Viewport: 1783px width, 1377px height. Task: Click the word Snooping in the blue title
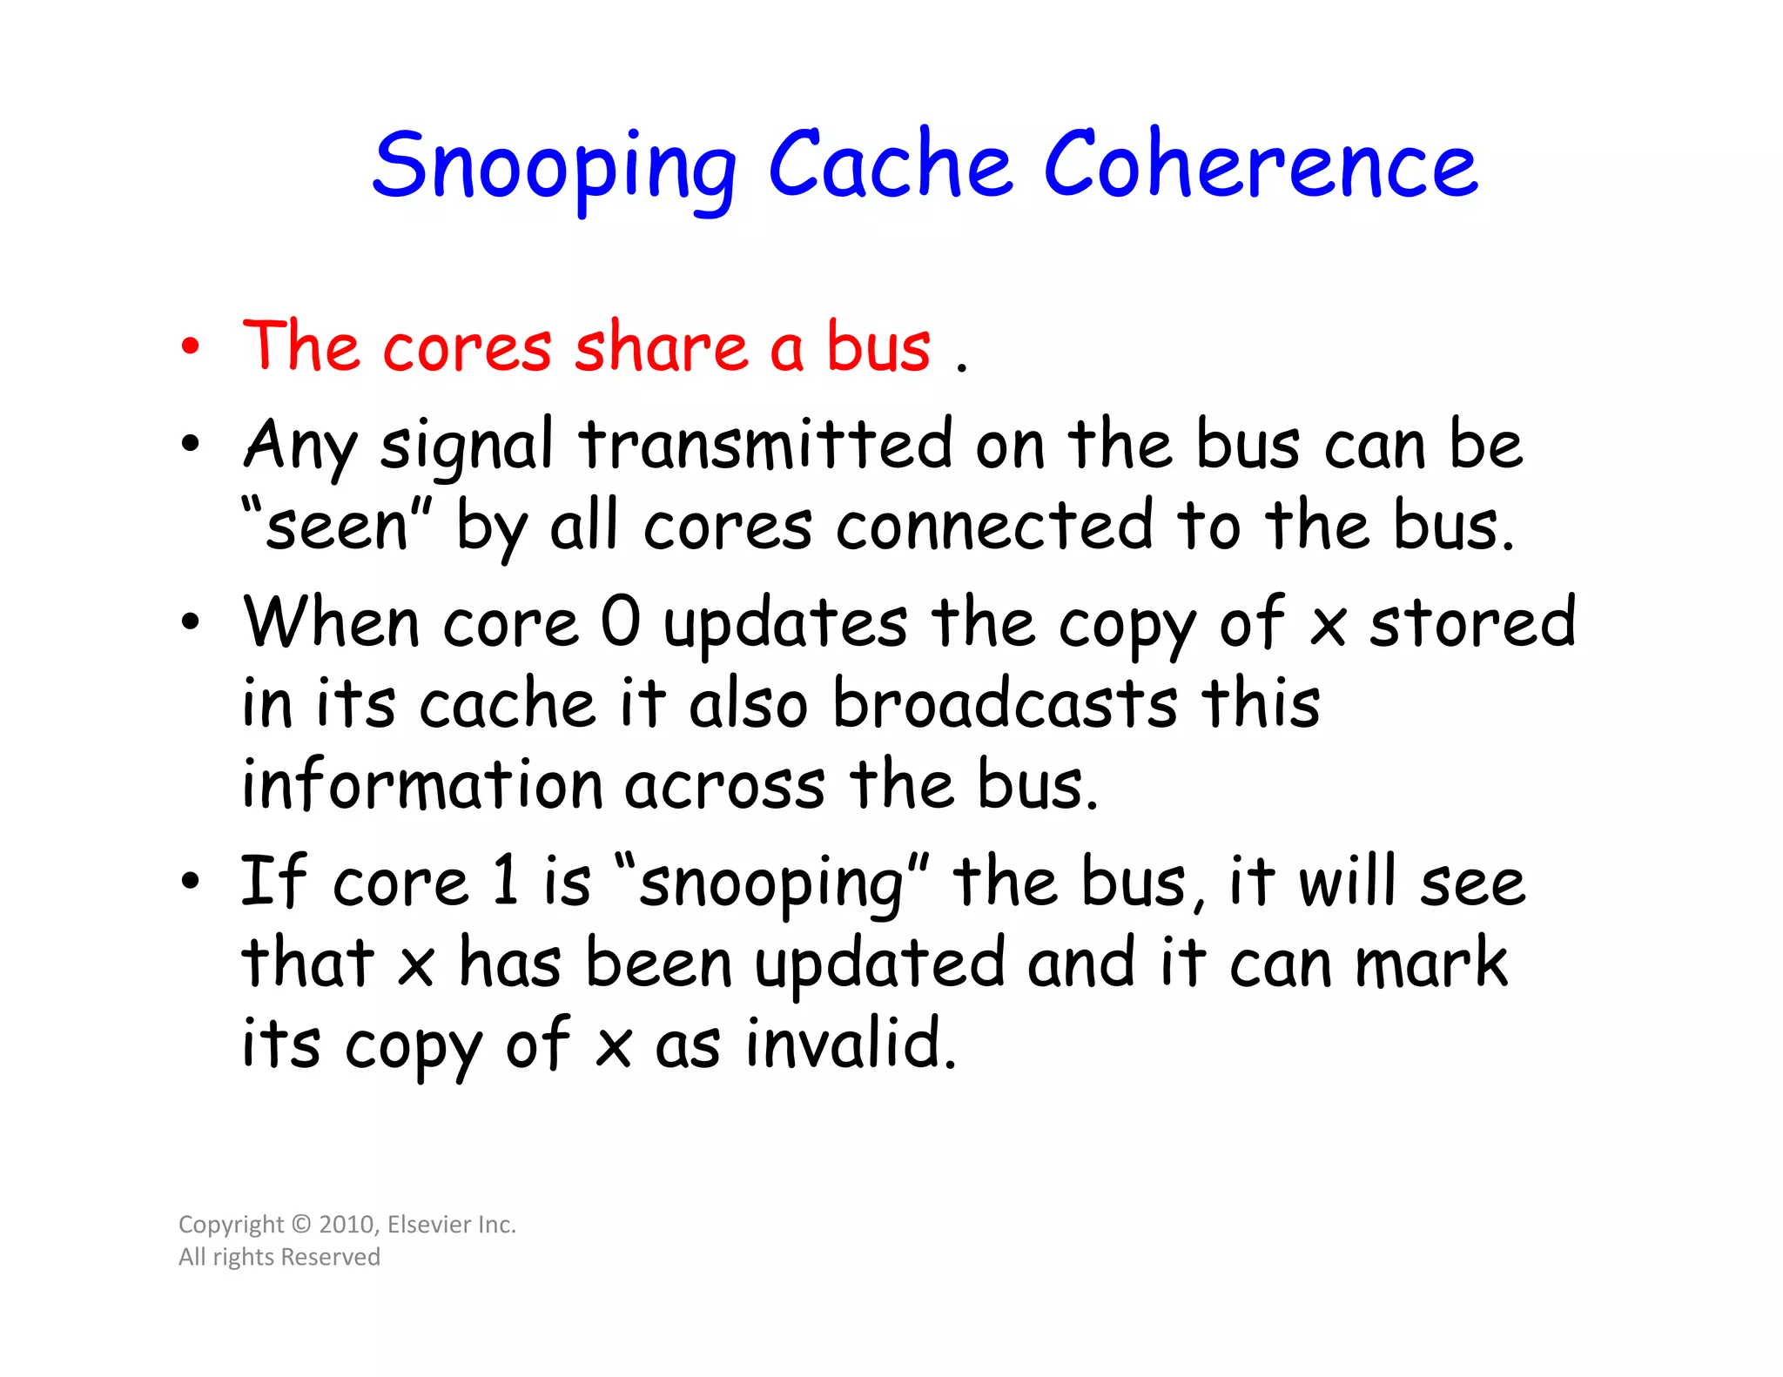[x=555, y=166]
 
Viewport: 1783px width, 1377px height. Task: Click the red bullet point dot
[x=191, y=347]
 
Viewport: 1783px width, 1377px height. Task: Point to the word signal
[x=466, y=446]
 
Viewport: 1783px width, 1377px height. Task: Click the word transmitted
[x=766, y=444]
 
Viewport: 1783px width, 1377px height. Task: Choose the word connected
[x=994, y=526]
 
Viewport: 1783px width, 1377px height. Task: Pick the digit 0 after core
[x=621, y=623]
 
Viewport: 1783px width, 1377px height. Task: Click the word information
[x=422, y=783]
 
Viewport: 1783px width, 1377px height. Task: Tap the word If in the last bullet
[x=272, y=881]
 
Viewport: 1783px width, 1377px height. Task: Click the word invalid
[x=851, y=1043]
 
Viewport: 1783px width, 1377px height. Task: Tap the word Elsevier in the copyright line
[x=425, y=1225]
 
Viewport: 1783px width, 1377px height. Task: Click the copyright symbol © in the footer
[x=301, y=1225]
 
